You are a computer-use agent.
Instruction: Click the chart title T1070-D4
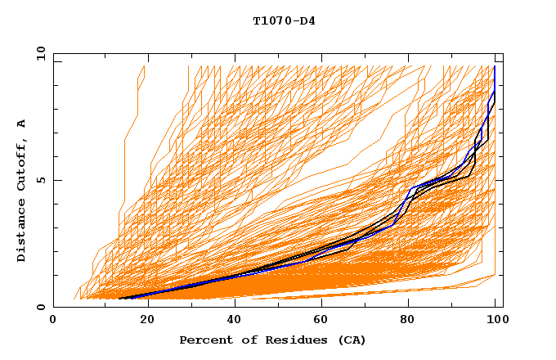284,20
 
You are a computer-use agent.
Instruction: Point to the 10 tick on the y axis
38,53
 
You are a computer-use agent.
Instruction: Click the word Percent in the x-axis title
204,340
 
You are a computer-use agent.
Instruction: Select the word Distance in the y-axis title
21,232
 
